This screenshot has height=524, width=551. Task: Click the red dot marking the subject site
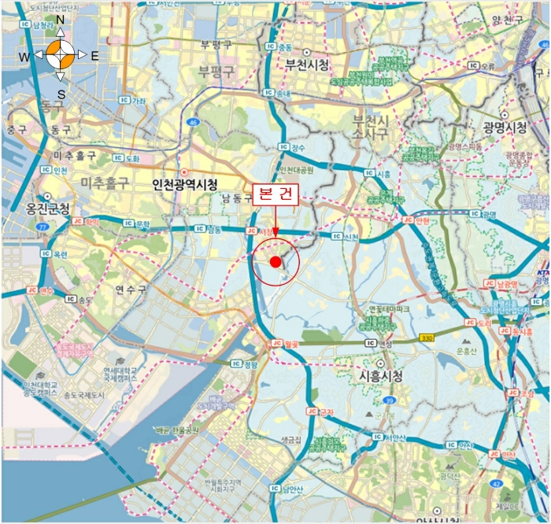pyautogui.click(x=275, y=261)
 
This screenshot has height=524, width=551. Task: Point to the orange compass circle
pyautogui.click(x=61, y=56)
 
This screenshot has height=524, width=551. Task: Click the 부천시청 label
pyautogui.click(x=307, y=65)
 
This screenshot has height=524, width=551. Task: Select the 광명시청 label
pyautogui.click(x=505, y=127)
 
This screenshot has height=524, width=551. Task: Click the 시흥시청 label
pyautogui.click(x=381, y=377)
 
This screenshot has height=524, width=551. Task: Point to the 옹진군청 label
pyautogui.click(x=48, y=209)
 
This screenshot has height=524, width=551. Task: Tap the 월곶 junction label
pyautogui.click(x=288, y=344)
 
